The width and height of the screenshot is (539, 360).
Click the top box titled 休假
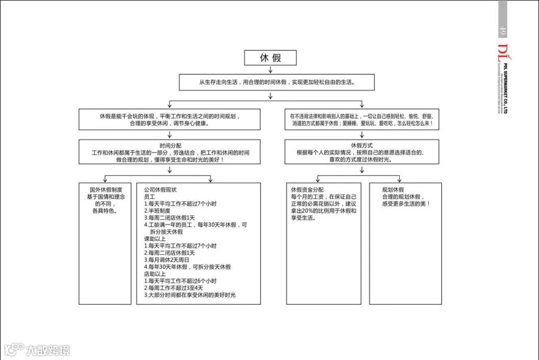(x=270, y=58)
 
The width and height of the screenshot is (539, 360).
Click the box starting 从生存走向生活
(x=276, y=82)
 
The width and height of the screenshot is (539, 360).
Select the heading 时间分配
(x=170, y=145)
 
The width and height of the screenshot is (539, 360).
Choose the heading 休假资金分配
(x=307, y=190)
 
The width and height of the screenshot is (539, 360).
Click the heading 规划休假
(x=393, y=190)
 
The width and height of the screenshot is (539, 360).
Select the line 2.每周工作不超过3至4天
(x=173, y=288)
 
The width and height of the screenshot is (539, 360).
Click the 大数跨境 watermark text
(x=48, y=350)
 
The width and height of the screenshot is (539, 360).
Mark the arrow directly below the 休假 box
(x=270, y=69)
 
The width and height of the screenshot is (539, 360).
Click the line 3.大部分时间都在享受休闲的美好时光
(x=189, y=295)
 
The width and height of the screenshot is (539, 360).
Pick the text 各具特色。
(x=105, y=211)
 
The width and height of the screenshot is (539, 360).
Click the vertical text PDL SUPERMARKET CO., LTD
(x=506, y=89)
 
